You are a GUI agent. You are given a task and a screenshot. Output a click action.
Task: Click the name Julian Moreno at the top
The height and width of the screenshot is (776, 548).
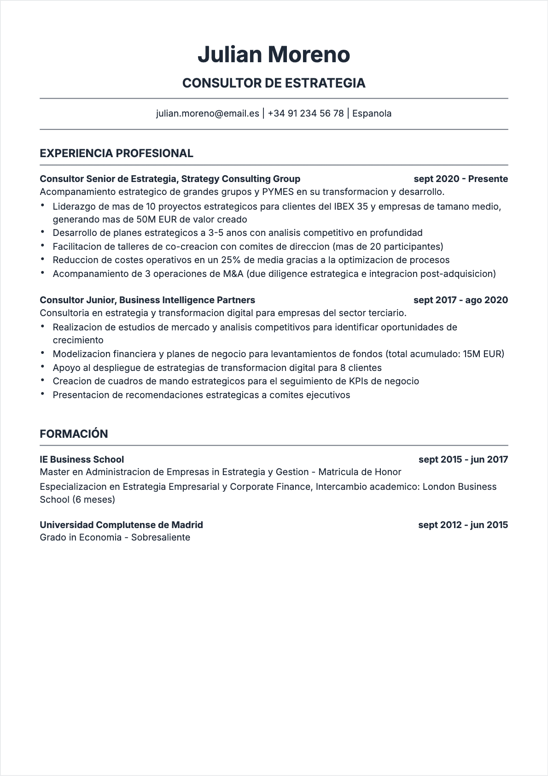click(274, 54)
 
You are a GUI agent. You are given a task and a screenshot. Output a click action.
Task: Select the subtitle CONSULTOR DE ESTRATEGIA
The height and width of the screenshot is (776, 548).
click(274, 83)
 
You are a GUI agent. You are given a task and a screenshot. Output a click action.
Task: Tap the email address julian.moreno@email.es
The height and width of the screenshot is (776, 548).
click(207, 113)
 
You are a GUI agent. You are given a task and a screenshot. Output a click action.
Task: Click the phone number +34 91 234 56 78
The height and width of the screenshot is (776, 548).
click(305, 113)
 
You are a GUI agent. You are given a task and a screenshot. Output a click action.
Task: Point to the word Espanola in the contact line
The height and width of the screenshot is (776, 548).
click(372, 113)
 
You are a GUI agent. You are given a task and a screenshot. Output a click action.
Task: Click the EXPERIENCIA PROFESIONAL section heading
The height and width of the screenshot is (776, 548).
click(117, 153)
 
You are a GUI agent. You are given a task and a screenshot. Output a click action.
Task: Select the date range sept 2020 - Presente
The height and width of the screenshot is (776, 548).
click(461, 179)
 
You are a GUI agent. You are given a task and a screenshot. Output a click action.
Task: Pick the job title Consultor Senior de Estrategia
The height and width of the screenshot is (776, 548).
click(108, 179)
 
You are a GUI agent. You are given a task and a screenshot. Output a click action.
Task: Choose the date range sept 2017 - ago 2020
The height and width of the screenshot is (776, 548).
click(461, 300)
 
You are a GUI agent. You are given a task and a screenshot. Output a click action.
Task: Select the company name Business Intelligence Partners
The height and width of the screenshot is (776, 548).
click(187, 300)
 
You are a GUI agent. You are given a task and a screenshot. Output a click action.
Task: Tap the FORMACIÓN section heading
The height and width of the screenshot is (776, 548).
click(74, 434)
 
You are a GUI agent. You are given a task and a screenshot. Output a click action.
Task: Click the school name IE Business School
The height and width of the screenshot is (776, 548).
click(82, 459)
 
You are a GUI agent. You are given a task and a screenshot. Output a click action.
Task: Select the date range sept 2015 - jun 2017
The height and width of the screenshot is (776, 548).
click(463, 459)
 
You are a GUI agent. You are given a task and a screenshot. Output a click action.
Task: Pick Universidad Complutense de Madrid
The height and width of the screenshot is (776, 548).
click(121, 525)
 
